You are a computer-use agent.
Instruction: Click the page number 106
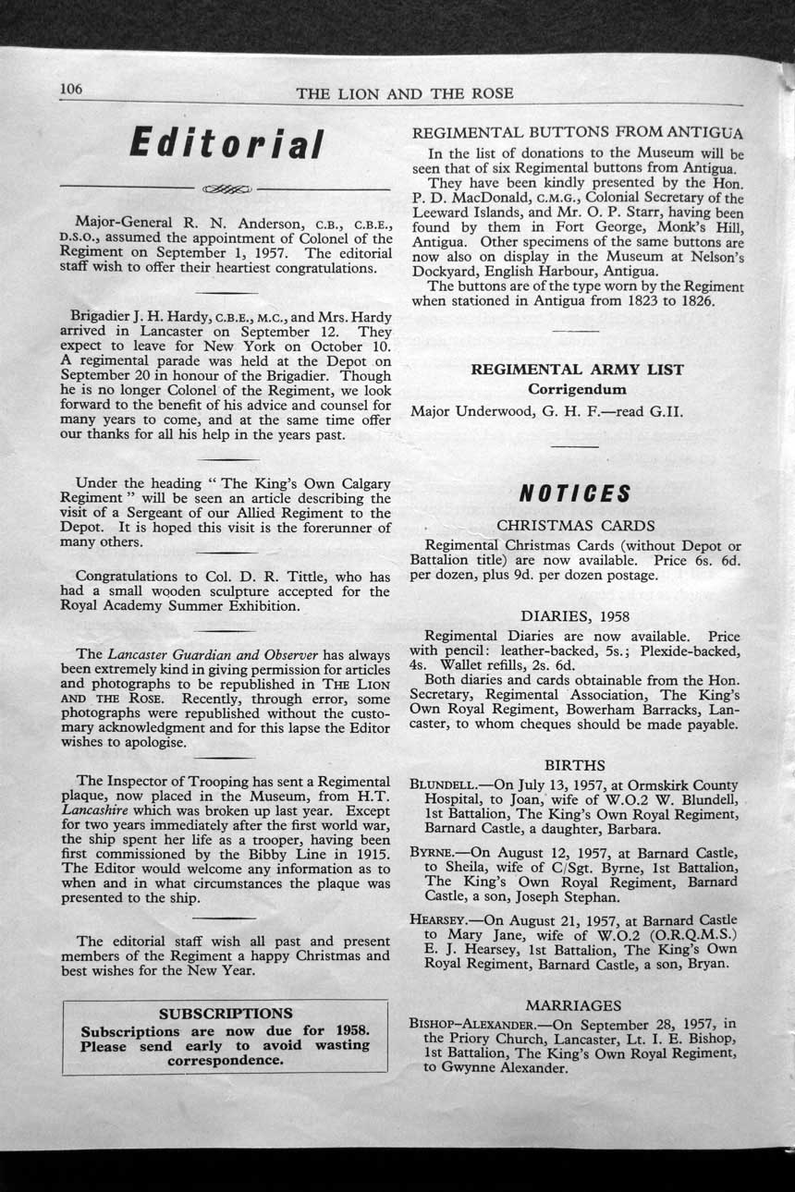pos(71,89)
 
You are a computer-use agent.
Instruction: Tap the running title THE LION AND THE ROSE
pos(405,93)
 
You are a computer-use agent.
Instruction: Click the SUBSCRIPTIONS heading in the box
pos(226,1013)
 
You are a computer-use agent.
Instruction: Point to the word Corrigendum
pos(577,389)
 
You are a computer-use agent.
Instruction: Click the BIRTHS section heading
pos(574,765)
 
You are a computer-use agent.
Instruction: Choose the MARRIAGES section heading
pos(573,1005)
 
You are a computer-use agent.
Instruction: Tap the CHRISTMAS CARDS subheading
pos(575,526)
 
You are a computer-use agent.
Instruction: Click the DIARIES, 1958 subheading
pos(575,615)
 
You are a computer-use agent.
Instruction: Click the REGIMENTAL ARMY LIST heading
pos(577,370)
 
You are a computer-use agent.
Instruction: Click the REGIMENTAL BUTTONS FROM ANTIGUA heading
pos(577,133)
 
